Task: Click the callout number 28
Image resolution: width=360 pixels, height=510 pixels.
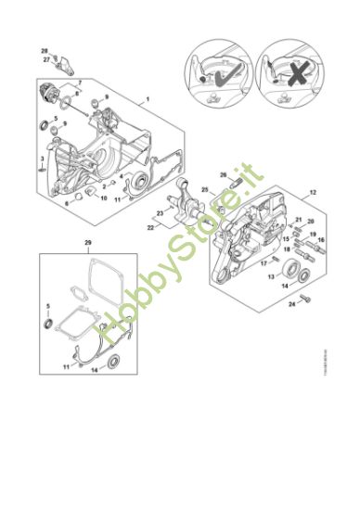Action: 44,49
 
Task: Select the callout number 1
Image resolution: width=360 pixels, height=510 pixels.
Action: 147,99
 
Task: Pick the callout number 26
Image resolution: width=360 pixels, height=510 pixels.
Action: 223,174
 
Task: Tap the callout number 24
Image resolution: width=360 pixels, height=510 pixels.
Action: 291,302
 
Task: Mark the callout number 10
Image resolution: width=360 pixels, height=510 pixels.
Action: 103,198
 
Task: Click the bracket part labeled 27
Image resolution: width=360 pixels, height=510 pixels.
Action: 61,64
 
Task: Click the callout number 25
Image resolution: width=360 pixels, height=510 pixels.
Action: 204,190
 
